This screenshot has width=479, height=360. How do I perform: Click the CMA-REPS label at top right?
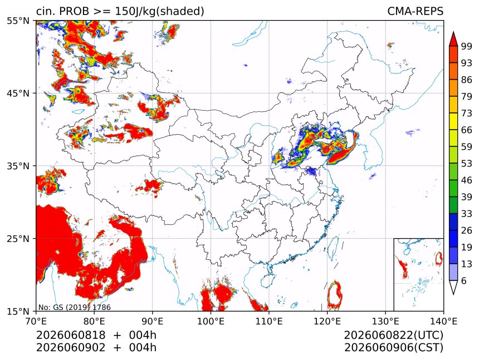(415, 11)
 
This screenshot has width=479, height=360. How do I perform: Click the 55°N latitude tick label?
(18, 21)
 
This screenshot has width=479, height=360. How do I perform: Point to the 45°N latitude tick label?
(18, 93)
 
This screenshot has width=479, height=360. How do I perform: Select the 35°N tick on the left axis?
(18, 166)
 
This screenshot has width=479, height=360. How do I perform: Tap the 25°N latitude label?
(18, 239)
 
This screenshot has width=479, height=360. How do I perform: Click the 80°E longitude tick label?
(94, 321)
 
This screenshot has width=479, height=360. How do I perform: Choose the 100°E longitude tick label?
(211, 321)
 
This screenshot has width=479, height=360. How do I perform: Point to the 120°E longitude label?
(327, 321)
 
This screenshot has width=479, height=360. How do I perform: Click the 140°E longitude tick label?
(443, 321)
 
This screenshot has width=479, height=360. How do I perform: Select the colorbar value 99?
(467, 46)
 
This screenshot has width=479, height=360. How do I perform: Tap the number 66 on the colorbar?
(467, 130)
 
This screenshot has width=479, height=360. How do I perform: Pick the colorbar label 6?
(464, 280)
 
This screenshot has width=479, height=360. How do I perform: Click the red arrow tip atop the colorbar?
(453, 32)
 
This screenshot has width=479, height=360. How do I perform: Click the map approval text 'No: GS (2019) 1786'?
(75, 307)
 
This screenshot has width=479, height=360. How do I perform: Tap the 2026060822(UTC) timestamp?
(393, 335)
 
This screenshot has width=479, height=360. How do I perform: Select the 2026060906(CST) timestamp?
(393, 348)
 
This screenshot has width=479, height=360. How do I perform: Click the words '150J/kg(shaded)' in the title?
(159, 11)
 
